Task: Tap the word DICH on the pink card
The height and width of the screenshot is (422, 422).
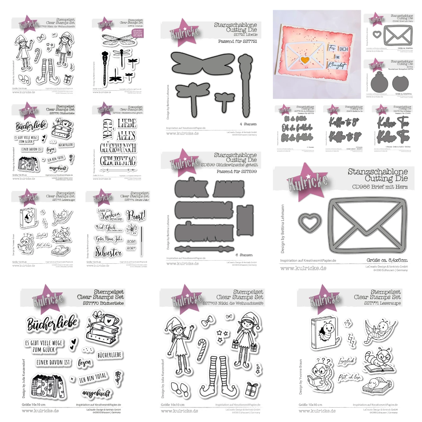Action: click(344, 49)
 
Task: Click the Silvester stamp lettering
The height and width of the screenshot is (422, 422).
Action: click(108, 252)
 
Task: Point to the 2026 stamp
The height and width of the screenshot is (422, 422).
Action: click(132, 241)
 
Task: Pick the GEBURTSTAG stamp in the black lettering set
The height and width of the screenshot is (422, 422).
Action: click(118, 161)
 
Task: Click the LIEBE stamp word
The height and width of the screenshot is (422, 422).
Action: click(127, 123)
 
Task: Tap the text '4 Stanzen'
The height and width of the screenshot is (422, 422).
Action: click(248, 124)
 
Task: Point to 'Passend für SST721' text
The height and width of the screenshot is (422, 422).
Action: click(237, 41)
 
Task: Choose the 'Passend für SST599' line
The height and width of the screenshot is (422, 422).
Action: click(237, 172)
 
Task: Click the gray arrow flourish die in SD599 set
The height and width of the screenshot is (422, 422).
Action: click(204, 249)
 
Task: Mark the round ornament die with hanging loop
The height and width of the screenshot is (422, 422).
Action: click(379, 83)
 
